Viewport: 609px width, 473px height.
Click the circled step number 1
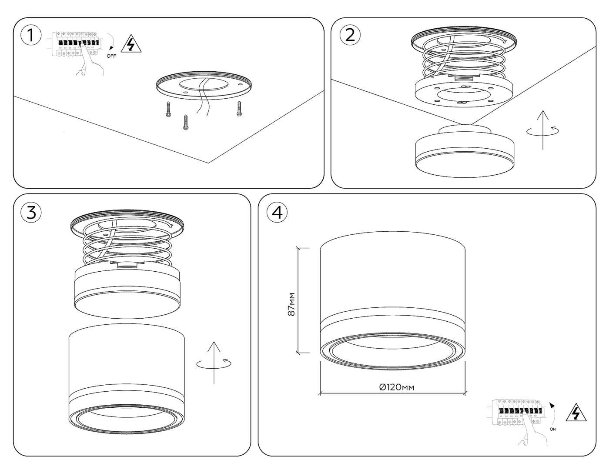point(30,36)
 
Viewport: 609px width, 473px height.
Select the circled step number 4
point(277,212)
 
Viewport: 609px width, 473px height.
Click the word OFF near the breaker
point(111,56)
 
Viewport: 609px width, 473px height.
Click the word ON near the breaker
point(552,429)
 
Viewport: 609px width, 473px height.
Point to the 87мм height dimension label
point(292,304)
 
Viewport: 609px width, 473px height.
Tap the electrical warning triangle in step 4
point(576,413)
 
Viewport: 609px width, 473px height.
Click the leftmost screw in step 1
point(167,109)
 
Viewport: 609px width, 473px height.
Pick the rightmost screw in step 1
point(239,109)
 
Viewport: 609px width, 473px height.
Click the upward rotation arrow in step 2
point(543,130)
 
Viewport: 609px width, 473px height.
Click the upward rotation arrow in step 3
point(214,363)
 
